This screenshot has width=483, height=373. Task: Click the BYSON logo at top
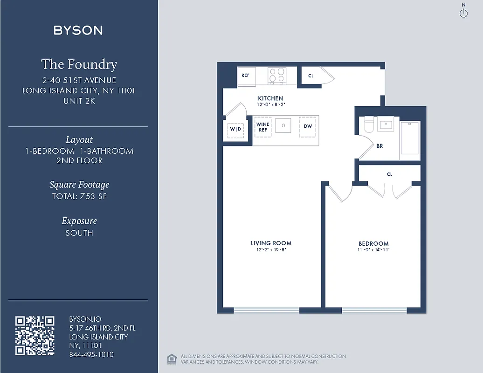78,31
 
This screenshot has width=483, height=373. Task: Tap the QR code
35,336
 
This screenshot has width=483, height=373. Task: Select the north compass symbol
463,13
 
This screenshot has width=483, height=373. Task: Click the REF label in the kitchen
245,75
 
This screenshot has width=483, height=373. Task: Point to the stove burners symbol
276,75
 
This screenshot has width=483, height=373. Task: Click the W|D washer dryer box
235,129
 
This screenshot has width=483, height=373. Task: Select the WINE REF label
263,127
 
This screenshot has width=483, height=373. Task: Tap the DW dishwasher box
308,126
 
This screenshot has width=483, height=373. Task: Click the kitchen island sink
283,125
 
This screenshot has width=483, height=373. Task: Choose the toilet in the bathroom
369,124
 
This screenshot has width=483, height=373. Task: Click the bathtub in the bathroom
410,138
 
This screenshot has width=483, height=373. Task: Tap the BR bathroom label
379,146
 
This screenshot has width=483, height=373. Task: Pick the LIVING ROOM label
271,243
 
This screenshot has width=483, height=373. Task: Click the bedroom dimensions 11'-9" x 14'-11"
373,250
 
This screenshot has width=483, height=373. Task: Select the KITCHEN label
270,98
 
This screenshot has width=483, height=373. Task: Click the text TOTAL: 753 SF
79,196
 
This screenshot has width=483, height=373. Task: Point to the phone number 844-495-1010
91,354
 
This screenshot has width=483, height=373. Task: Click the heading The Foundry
79,64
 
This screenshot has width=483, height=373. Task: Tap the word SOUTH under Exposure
79,233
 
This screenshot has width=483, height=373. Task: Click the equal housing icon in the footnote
172,359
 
